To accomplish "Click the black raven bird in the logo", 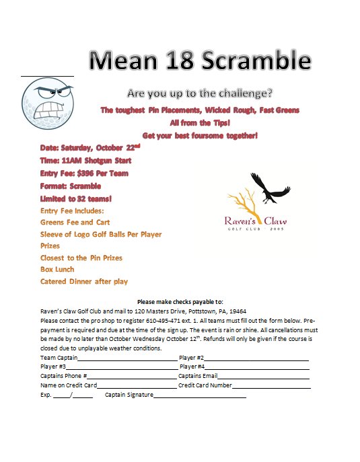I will point(268,188).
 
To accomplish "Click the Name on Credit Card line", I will point(137,386).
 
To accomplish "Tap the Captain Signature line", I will point(200,395).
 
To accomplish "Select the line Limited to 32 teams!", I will point(75,198).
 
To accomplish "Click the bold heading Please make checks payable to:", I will point(179,301).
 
